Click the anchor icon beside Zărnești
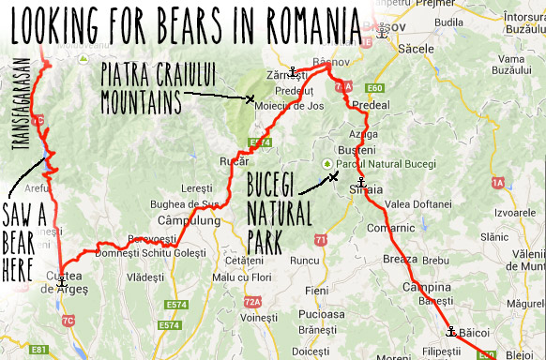click(293, 71)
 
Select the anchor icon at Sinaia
click(360, 182)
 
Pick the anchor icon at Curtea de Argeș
click(62, 280)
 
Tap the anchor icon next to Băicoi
click(450, 330)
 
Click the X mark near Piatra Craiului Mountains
click(250, 98)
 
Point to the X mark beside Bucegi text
click(333, 174)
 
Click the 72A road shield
click(250, 302)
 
